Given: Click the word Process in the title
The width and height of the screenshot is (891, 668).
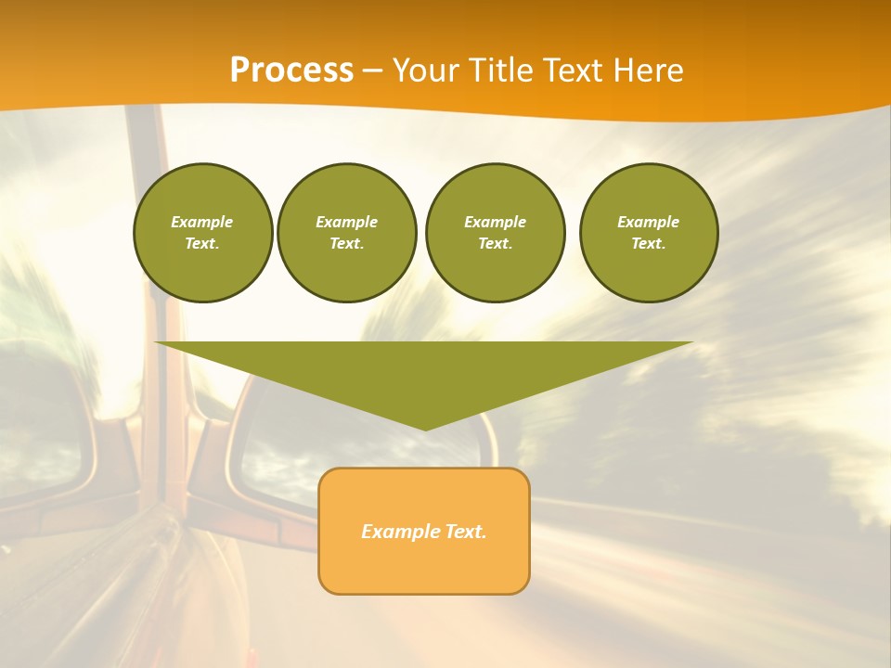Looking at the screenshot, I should click(291, 71).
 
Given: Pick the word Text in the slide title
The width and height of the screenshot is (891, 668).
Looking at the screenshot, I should click(573, 71).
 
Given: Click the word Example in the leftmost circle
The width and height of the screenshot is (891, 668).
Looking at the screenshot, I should click(202, 222).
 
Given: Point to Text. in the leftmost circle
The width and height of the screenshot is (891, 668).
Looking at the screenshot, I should click(202, 243).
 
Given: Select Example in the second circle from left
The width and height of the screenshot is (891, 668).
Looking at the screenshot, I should click(347, 222).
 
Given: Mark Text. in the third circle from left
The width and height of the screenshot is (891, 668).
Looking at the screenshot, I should click(496, 243).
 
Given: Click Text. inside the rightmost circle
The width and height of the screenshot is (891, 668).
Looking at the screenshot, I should click(649, 243).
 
